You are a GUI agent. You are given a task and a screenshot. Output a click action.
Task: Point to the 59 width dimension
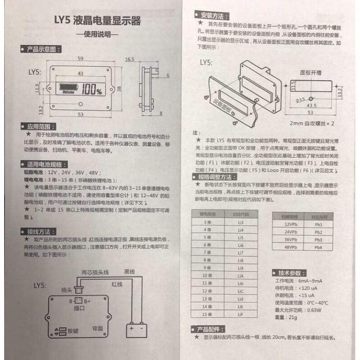[81, 59]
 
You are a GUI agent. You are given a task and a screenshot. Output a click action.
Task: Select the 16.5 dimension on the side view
[130, 59]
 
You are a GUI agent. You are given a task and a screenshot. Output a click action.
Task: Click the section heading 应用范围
[41, 126]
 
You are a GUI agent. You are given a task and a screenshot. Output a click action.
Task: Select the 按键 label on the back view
[73, 330]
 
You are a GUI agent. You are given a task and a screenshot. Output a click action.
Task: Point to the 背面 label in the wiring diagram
[97, 327]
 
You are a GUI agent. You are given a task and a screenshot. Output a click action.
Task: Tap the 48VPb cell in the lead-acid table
[290, 248]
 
